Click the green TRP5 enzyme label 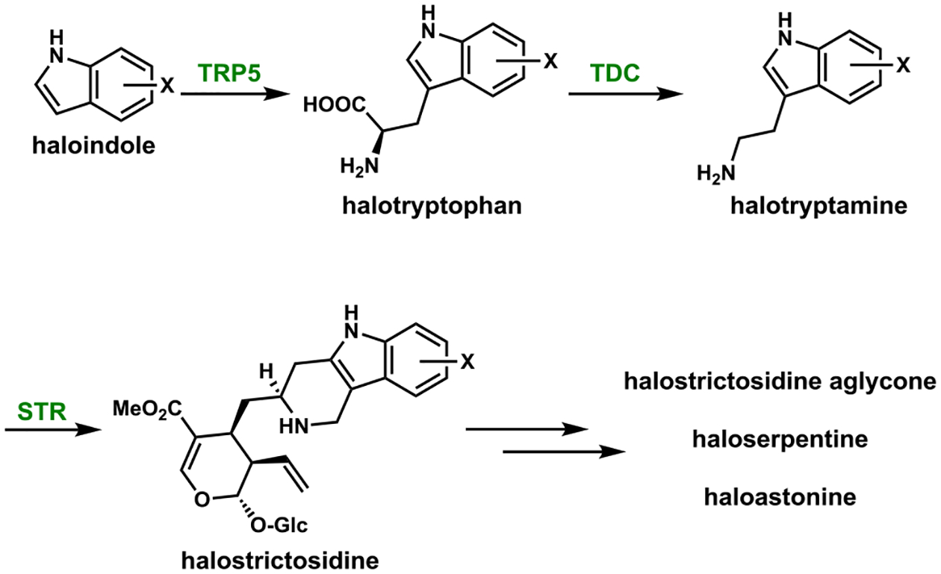226,72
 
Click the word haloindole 90,146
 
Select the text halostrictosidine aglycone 780,382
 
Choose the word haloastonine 780,496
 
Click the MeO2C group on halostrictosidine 146,408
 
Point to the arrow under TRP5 223,95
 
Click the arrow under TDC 626,95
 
